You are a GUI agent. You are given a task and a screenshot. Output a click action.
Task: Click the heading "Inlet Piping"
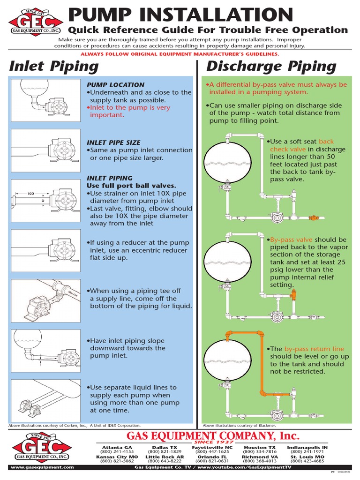click(54, 67)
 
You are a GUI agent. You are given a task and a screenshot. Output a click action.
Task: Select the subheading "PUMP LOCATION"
click(115, 85)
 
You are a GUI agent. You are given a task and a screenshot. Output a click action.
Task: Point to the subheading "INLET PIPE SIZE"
click(113, 142)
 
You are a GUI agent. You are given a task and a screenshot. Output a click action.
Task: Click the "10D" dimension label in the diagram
click(31, 193)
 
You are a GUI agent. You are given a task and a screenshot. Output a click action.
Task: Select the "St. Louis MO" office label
click(307, 457)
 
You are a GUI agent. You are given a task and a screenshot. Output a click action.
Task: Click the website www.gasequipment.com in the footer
click(42, 467)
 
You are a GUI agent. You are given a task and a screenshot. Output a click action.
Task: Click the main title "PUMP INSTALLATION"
click(181, 14)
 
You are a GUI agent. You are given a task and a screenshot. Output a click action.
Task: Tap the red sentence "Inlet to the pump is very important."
click(129, 111)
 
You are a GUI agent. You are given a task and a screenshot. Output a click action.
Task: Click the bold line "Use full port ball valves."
click(132, 186)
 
